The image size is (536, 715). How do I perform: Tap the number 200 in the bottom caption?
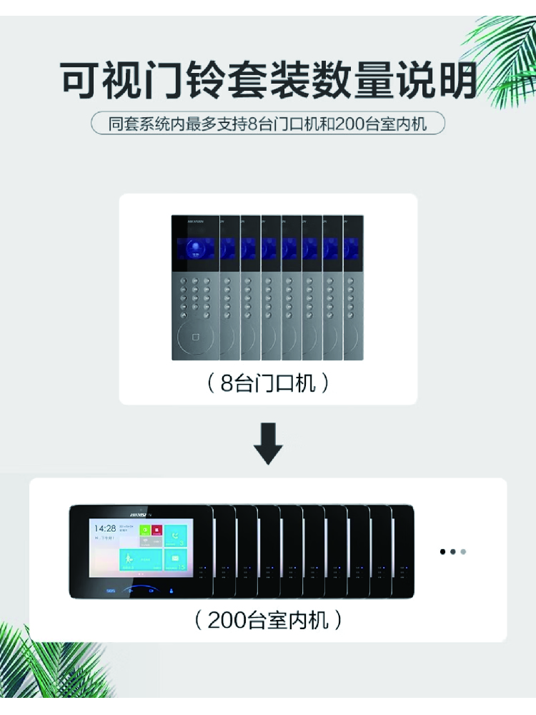tap(227, 620)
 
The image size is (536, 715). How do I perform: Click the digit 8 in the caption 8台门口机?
tap(227, 384)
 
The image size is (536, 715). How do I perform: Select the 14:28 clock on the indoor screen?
tap(104, 528)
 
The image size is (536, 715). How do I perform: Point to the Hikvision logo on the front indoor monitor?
tap(142, 512)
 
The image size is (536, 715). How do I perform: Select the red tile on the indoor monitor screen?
tap(157, 531)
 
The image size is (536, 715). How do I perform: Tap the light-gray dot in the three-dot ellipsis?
tap(464, 552)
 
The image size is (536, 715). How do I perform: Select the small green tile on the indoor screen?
tap(144, 531)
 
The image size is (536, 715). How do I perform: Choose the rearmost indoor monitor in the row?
tap(404, 551)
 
